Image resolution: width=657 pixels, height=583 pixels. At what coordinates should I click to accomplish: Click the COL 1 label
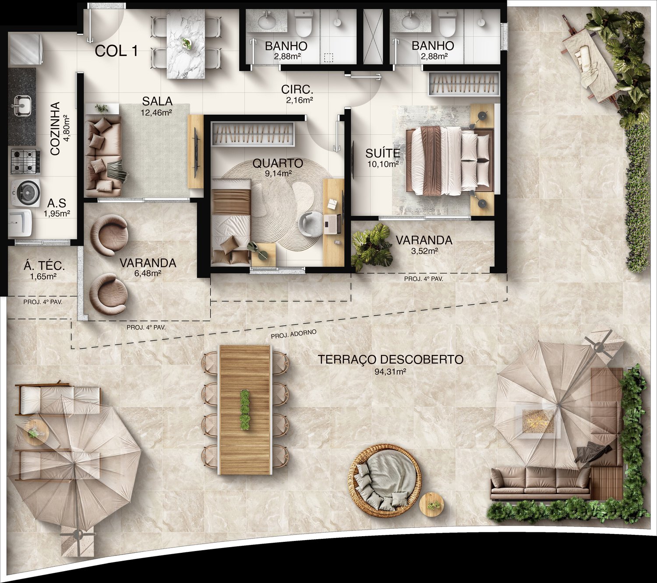(117, 51)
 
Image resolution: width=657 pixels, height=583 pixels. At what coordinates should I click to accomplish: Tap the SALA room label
(157, 102)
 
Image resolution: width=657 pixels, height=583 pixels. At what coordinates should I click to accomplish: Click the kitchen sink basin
(21, 105)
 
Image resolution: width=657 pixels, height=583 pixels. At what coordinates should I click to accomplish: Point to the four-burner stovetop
(25, 162)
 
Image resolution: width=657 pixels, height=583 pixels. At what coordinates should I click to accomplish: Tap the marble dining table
(186, 44)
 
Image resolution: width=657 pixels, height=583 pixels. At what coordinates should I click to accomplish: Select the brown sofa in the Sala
(103, 155)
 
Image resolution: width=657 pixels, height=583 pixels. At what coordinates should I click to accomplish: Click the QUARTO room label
(278, 164)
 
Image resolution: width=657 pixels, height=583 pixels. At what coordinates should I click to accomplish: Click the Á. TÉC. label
(45, 265)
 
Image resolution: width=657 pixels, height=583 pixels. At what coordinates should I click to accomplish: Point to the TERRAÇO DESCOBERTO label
(390, 360)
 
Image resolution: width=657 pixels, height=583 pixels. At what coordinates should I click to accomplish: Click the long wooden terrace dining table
(245, 409)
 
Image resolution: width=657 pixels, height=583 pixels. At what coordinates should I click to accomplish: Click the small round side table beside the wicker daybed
(431, 505)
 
